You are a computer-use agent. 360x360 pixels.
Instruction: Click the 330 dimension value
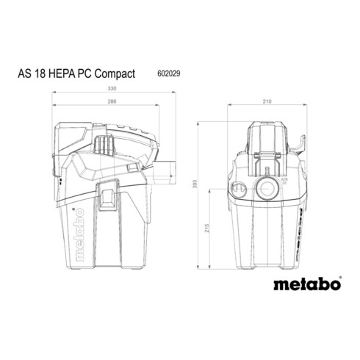pyautogui.click(x=112, y=88)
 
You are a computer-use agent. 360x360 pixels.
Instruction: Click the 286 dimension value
pyautogui.click(x=112, y=101)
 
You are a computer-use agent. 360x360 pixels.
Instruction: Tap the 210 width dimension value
pyautogui.click(x=267, y=101)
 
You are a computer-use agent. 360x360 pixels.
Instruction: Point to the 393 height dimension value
pyautogui.click(x=195, y=184)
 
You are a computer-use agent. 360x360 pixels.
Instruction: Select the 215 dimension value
pyautogui.click(x=207, y=228)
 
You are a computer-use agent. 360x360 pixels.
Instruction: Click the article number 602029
pyautogui.click(x=169, y=73)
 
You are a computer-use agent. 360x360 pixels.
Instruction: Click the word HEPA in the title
pyautogui.click(x=62, y=73)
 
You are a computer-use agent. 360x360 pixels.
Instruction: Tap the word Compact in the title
pyautogui.click(x=115, y=74)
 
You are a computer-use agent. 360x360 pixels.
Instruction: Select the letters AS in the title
pyautogui.click(x=25, y=73)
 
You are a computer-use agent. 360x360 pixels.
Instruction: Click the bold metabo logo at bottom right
pyautogui.click(x=307, y=284)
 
